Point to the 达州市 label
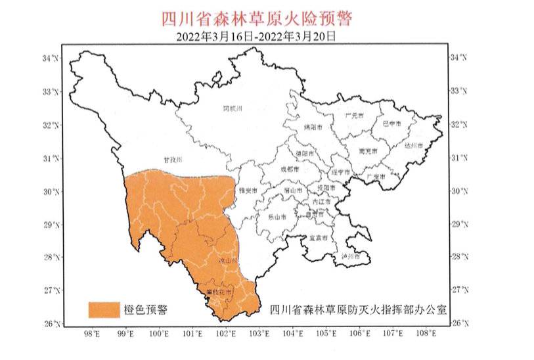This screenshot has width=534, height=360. [x=413, y=145]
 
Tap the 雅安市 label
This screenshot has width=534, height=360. [x=246, y=189]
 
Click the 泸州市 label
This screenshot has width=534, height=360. [x=351, y=256]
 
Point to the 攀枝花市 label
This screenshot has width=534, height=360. [x=215, y=290]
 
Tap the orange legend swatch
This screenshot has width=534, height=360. [x=104, y=309]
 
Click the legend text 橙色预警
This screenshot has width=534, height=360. [x=145, y=309]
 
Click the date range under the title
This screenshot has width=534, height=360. [x=256, y=37]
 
